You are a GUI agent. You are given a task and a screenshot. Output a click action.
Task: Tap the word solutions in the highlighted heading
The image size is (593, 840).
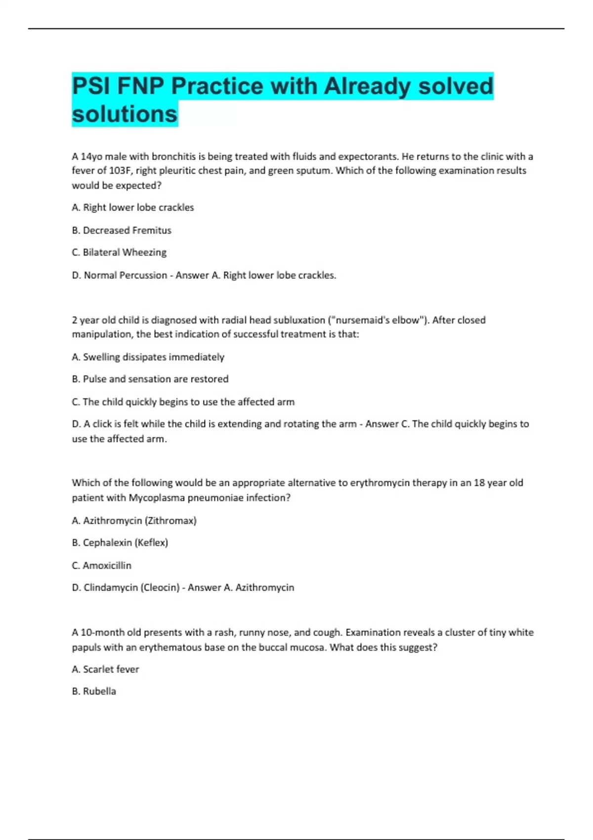[x=125, y=114]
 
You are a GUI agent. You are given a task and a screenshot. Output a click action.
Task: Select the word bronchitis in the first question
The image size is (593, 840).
[x=173, y=157]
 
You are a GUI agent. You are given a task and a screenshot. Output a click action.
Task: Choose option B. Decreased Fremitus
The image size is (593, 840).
[x=122, y=230]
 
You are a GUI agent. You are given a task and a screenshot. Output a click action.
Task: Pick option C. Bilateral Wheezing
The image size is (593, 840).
[x=119, y=252]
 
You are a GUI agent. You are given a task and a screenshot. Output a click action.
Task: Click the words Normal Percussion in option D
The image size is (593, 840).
[x=125, y=275]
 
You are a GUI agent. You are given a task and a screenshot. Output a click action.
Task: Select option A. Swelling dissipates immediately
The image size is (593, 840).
[x=148, y=357]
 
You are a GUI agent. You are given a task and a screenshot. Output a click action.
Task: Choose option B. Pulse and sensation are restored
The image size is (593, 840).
[x=150, y=379]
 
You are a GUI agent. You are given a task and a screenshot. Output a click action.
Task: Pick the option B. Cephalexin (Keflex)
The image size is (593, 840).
[x=120, y=543]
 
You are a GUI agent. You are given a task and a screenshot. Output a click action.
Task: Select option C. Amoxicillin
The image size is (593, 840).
[x=102, y=565]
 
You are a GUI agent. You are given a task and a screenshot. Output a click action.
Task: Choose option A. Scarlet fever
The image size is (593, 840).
[x=105, y=670]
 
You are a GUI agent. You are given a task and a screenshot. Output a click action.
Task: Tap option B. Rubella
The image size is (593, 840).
[x=94, y=691]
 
